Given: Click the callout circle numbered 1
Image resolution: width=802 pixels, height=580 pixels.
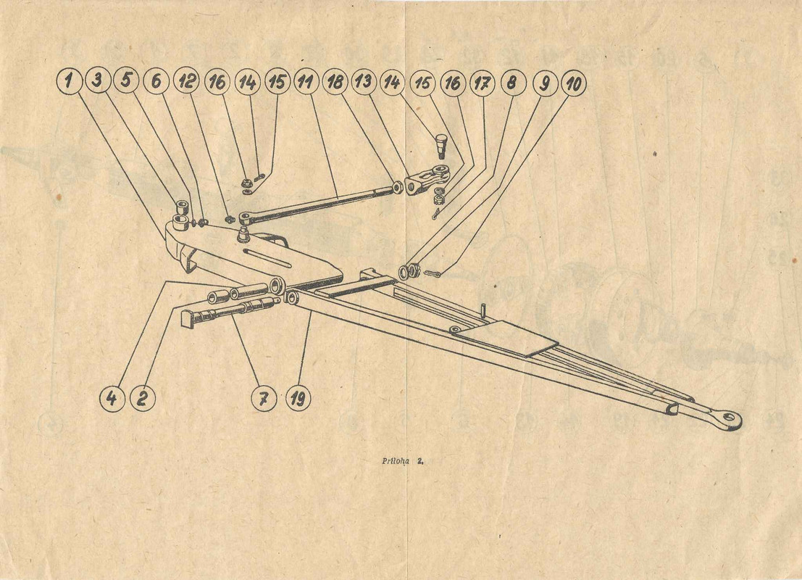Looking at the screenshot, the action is pos(69,81).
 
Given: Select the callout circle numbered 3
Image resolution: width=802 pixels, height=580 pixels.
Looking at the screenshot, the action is pos(98,80).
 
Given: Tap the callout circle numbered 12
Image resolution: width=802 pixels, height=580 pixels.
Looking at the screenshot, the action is pos(187,81).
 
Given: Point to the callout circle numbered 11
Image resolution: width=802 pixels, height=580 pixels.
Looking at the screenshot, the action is pos(306,81).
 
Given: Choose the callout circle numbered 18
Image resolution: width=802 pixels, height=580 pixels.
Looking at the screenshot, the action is pos(335,82).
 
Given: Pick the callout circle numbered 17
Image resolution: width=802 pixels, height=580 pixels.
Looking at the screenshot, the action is pos(482,83).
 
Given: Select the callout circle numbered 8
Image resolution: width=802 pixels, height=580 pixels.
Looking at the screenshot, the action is pos(511,82).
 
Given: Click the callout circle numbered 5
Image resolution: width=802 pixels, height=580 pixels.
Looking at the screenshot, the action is pos(126,80).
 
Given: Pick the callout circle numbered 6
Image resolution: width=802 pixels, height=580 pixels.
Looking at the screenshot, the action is pos(156,81).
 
